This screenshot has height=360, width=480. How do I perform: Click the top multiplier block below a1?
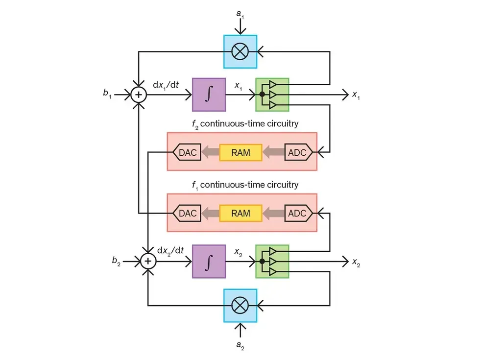tap(240, 51)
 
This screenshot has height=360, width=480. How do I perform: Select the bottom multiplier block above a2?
tap(240, 305)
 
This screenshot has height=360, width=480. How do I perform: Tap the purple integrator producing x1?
tap(209, 95)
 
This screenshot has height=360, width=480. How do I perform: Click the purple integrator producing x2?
tap(209, 262)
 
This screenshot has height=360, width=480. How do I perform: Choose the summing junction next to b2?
tap(148, 262)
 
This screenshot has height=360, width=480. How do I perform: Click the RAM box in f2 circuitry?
tap(240, 152)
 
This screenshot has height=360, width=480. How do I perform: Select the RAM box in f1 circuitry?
tap(240, 213)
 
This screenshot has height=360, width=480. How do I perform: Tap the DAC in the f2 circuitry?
tap(187, 152)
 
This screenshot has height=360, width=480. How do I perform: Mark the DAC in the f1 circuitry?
tap(187, 213)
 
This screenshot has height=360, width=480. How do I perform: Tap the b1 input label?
tap(107, 95)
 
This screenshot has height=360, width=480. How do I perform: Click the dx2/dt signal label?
tap(170, 250)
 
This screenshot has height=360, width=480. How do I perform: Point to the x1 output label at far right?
tap(357, 95)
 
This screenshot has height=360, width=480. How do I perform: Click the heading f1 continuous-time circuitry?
tap(244, 185)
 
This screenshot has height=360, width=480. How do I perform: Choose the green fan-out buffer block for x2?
tap(272, 262)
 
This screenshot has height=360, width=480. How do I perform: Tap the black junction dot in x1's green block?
tap(262, 95)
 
